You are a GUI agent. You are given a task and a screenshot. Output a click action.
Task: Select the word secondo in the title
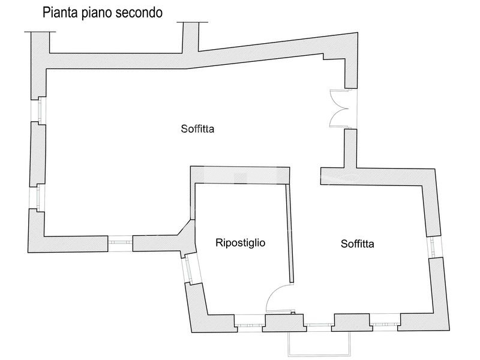[x=140, y=13]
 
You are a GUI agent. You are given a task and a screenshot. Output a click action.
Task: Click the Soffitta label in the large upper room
[x=197, y=128]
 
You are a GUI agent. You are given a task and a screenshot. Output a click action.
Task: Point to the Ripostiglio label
[x=240, y=242]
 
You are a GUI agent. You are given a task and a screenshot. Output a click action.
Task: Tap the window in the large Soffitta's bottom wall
[x=120, y=242]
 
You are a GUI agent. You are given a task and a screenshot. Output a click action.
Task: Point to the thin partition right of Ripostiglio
[x=290, y=234]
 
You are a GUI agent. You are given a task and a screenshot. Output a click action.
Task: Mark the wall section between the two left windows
[x=37, y=152]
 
